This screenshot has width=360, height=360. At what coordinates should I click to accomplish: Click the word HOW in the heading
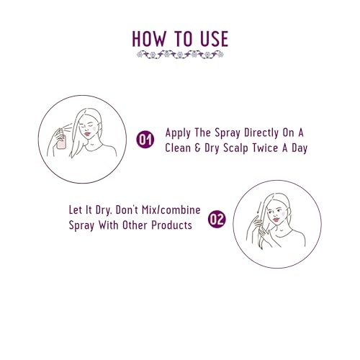click(149, 38)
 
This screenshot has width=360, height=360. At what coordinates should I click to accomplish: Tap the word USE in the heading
click(214, 38)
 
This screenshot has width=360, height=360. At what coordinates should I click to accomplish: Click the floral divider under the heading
click(180, 55)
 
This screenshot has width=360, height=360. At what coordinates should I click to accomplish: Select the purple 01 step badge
click(145, 139)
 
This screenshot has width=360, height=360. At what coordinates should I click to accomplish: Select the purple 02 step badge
click(217, 219)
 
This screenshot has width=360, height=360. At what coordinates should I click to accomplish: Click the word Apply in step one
click(178, 133)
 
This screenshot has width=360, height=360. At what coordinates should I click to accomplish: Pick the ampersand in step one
click(197, 148)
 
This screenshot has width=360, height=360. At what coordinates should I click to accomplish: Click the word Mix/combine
click(171, 210)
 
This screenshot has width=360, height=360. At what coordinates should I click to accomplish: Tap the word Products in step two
click(171, 225)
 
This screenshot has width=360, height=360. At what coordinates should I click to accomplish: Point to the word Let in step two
click(76, 210)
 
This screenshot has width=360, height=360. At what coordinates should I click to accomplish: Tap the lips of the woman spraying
click(88, 133)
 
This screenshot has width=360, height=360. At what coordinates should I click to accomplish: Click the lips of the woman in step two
click(276, 220)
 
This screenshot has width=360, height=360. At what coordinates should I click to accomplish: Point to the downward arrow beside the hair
click(258, 208)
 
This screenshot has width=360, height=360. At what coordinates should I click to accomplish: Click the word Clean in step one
click(177, 148)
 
